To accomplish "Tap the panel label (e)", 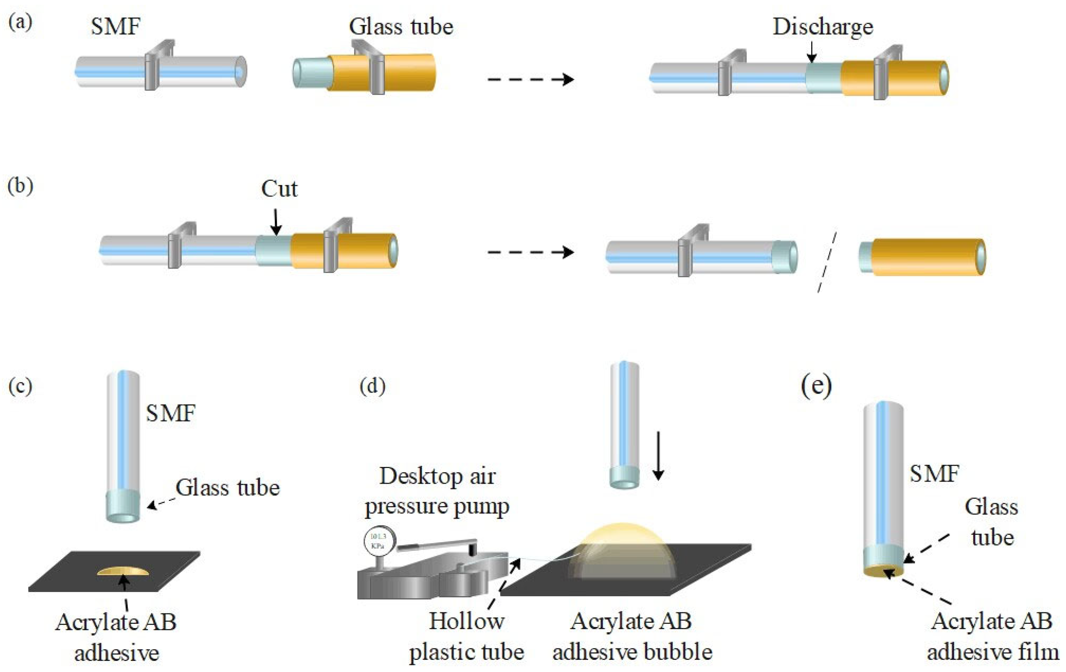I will [816, 386].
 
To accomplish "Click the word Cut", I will [279, 189].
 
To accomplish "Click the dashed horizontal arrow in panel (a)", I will [530, 80].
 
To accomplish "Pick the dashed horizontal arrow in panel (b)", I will [530, 252].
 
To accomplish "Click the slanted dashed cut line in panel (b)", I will [827, 262].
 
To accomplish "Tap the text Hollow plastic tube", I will [466, 636].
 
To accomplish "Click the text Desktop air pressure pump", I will [437, 491].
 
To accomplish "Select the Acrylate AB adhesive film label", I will [992, 636].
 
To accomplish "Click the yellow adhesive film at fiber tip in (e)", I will [883, 572].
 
